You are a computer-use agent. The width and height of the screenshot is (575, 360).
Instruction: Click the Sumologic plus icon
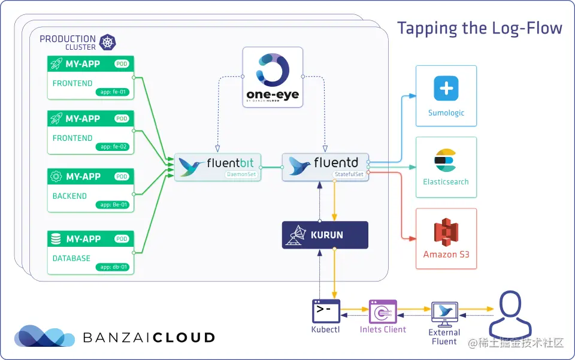tap(446, 89)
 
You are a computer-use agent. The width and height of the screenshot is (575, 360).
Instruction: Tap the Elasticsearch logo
tap(446, 160)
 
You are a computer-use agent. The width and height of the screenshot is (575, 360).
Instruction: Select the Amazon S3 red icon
tap(446, 232)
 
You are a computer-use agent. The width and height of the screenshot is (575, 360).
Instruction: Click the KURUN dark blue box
tap(325, 235)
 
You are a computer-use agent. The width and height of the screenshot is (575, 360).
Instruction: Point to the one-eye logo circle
tap(272, 71)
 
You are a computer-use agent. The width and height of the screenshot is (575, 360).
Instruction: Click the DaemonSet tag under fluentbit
tap(241, 175)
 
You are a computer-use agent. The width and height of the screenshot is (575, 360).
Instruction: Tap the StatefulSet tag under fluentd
tap(349, 174)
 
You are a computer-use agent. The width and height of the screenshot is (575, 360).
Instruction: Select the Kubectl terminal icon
tap(326, 311)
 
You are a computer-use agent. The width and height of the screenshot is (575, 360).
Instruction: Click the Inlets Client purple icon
tap(383, 311)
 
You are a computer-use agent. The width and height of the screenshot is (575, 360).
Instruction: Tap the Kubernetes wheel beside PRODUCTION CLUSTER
tap(108, 42)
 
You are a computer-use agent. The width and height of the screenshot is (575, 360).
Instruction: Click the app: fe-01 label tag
tap(113, 92)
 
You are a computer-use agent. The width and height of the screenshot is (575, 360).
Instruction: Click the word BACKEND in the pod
tap(69, 196)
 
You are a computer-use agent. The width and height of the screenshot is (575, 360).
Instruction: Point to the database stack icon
tap(56, 239)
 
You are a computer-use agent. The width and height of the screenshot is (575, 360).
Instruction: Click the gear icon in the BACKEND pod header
tap(56, 177)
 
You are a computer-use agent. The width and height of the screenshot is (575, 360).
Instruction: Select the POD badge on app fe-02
tap(122, 119)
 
